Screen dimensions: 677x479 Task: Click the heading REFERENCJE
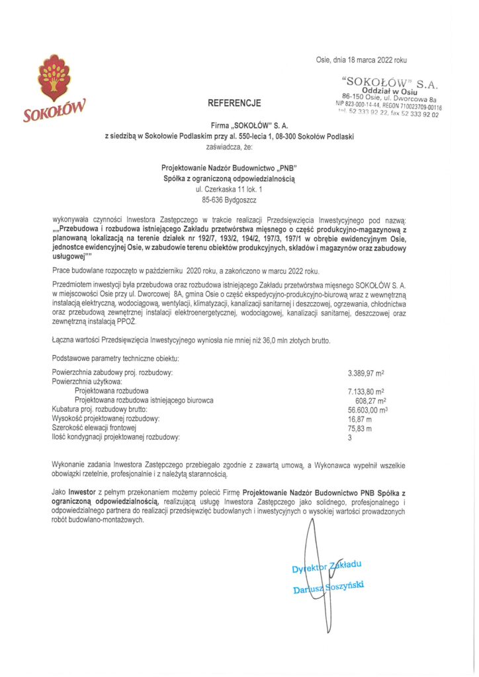point(234,103)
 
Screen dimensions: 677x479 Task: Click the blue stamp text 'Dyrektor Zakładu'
point(327,567)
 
